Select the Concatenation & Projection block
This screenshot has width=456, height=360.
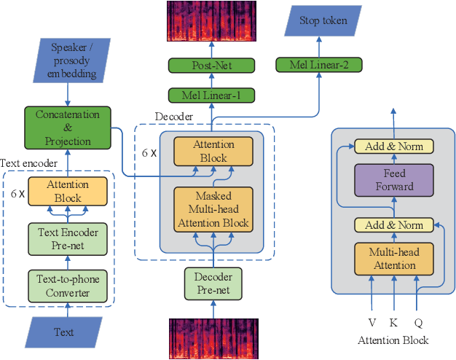(x=67, y=127)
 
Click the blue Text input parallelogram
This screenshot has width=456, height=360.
(x=63, y=332)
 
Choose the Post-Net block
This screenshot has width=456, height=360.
(x=212, y=66)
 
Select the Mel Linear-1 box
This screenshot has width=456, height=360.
(x=212, y=95)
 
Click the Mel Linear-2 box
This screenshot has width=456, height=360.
(x=319, y=66)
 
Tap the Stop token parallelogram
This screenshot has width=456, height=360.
(x=323, y=21)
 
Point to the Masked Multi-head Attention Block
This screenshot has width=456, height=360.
(x=212, y=210)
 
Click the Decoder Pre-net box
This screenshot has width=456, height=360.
(x=212, y=283)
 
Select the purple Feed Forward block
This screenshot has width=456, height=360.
(x=394, y=180)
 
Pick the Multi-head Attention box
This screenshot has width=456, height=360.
(x=394, y=259)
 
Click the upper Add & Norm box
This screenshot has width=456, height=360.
(x=394, y=146)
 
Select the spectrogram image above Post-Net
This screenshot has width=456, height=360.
(x=212, y=21)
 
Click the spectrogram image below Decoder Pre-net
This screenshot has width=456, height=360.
(x=212, y=339)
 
